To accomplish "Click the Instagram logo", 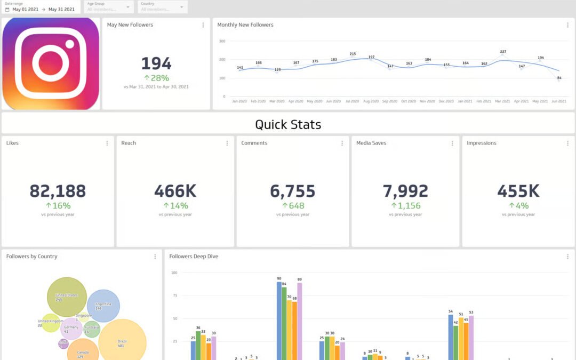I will [x=51, y=63].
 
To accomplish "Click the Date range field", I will [x=40, y=7].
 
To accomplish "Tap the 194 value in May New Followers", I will [x=156, y=64].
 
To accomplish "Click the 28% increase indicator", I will [x=156, y=78].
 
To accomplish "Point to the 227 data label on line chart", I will [x=503, y=52].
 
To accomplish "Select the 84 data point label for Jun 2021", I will [x=559, y=78].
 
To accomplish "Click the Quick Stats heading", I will [x=288, y=124].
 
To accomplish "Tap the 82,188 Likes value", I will [x=58, y=191].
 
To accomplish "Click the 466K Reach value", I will [x=175, y=191].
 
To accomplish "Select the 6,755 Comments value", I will [x=292, y=191].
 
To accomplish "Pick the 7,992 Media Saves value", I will [x=405, y=191].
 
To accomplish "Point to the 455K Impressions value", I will [x=518, y=191].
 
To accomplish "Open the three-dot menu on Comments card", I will [x=342, y=143].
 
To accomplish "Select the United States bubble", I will [x=67, y=297].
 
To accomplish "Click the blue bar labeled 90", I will [x=279, y=320].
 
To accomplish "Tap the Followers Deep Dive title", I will [x=194, y=257].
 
